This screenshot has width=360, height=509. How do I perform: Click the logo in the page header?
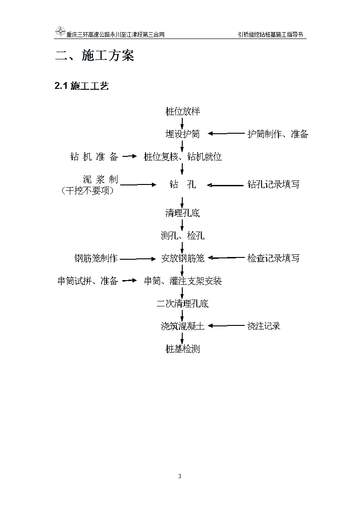pos(60,32)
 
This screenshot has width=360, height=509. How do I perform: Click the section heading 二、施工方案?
pos(94,56)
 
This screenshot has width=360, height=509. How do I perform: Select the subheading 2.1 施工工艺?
pos(82,86)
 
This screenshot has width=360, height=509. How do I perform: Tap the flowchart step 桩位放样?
pos(182,111)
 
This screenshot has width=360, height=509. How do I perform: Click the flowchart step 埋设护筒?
pos(182,134)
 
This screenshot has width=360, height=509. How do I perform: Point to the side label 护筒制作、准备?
pos(278,134)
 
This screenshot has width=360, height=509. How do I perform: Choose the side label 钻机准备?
pos(94,157)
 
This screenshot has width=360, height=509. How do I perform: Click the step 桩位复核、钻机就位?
pos(183,157)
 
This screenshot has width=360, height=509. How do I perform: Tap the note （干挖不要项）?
pos(88,190)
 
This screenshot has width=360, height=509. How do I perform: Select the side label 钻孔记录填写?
pos(273,184)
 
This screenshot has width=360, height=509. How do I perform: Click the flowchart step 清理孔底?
pos(182,213)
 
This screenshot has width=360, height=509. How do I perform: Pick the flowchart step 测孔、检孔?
pos(183,235)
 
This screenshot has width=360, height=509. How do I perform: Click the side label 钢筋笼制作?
pos(96,258)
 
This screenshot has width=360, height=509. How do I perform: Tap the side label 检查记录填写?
pos(273,258)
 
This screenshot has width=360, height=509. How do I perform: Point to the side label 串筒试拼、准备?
pos(88,281)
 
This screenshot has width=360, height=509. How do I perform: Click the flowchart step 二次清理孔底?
pos(182,304)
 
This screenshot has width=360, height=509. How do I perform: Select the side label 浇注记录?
pos(264,326)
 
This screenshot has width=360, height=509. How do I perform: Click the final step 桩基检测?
pos(182,349)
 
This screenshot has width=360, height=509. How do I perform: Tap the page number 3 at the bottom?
pos(180,476)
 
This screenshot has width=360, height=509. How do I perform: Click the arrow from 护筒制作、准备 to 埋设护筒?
pos(226,133)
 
